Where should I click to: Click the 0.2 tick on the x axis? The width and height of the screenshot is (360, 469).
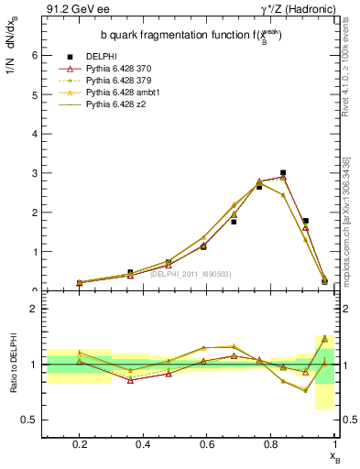80,444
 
